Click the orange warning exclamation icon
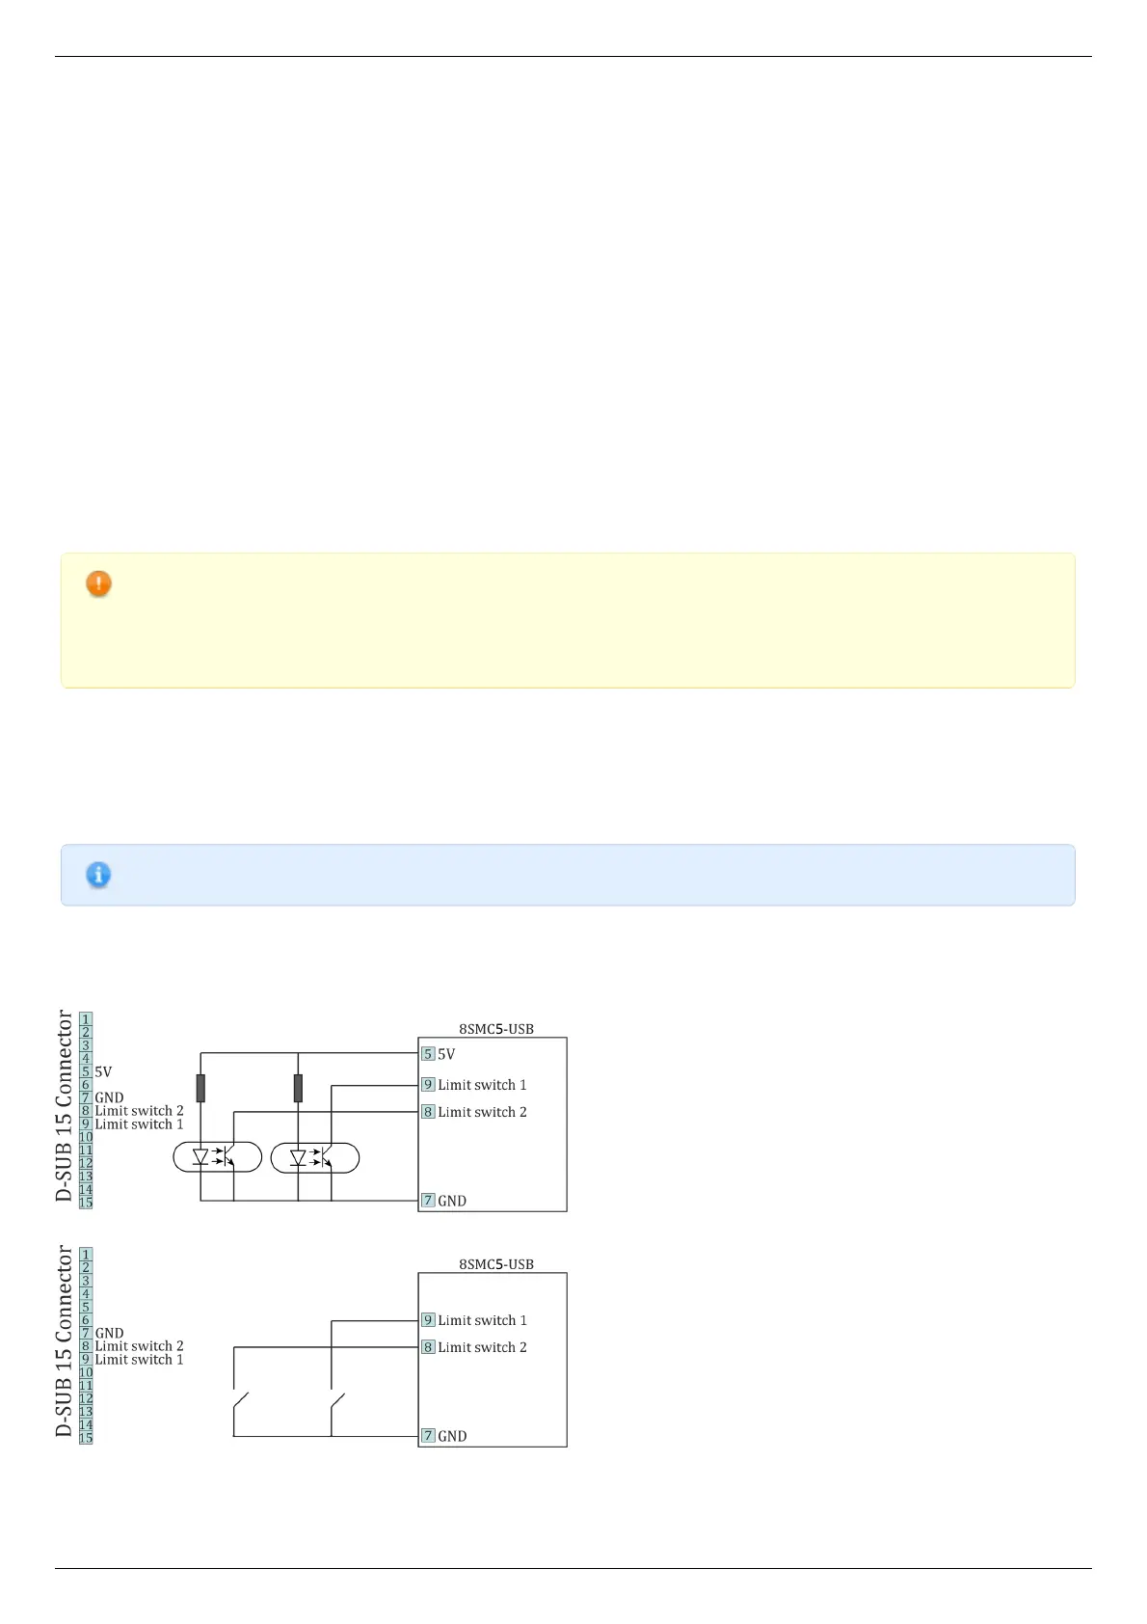pyautogui.click(x=98, y=583)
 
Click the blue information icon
pyautogui.click(x=98, y=875)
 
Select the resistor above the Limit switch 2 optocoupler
pyautogui.click(x=200, y=1088)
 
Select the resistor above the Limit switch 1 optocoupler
pyautogui.click(x=298, y=1088)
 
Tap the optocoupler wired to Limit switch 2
pyautogui.click(x=217, y=1157)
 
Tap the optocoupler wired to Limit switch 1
pyautogui.click(x=315, y=1157)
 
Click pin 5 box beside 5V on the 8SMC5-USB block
pyautogui.click(x=428, y=1054)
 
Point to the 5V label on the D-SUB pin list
pyautogui.click(x=103, y=1071)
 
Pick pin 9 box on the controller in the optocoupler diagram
pyautogui.click(x=428, y=1085)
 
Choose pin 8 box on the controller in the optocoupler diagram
pyautogui.click(x=428, y=1112)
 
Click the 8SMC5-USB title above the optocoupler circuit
pyautogui.click(x=495, y=1029)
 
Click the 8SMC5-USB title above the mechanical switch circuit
pyautogui.click(x=495, y=1264)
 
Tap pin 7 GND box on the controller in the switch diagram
pyautogui.click(x=428, y=1436)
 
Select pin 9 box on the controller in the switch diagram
pyautogui.click(x=428, y=1320)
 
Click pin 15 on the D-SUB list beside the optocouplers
pyautogui.click(x=86, y=1203)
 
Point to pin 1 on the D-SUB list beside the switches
pyautogui.click(x=86, y=1255)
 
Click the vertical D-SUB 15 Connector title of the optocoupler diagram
pyautogui.click(x=65, y=1105)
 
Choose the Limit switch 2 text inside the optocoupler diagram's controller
pyautogui.click(x=482, y=1112)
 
